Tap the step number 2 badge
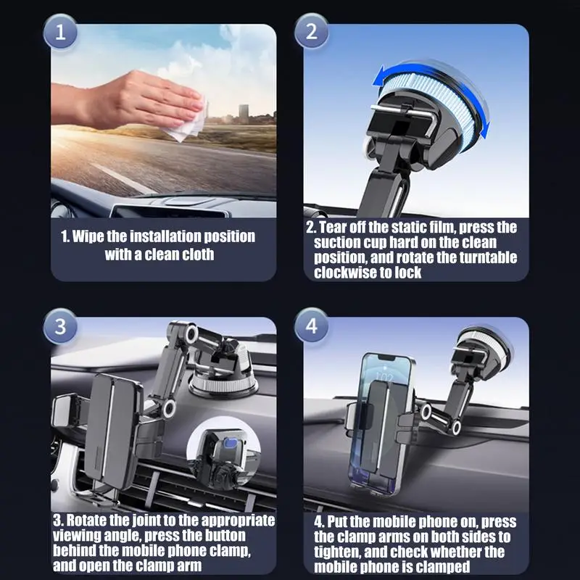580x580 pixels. [311, 33]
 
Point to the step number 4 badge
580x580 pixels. [311, 326]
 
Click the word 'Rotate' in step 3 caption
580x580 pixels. [88, 520]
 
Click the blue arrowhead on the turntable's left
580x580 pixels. [379, 75]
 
